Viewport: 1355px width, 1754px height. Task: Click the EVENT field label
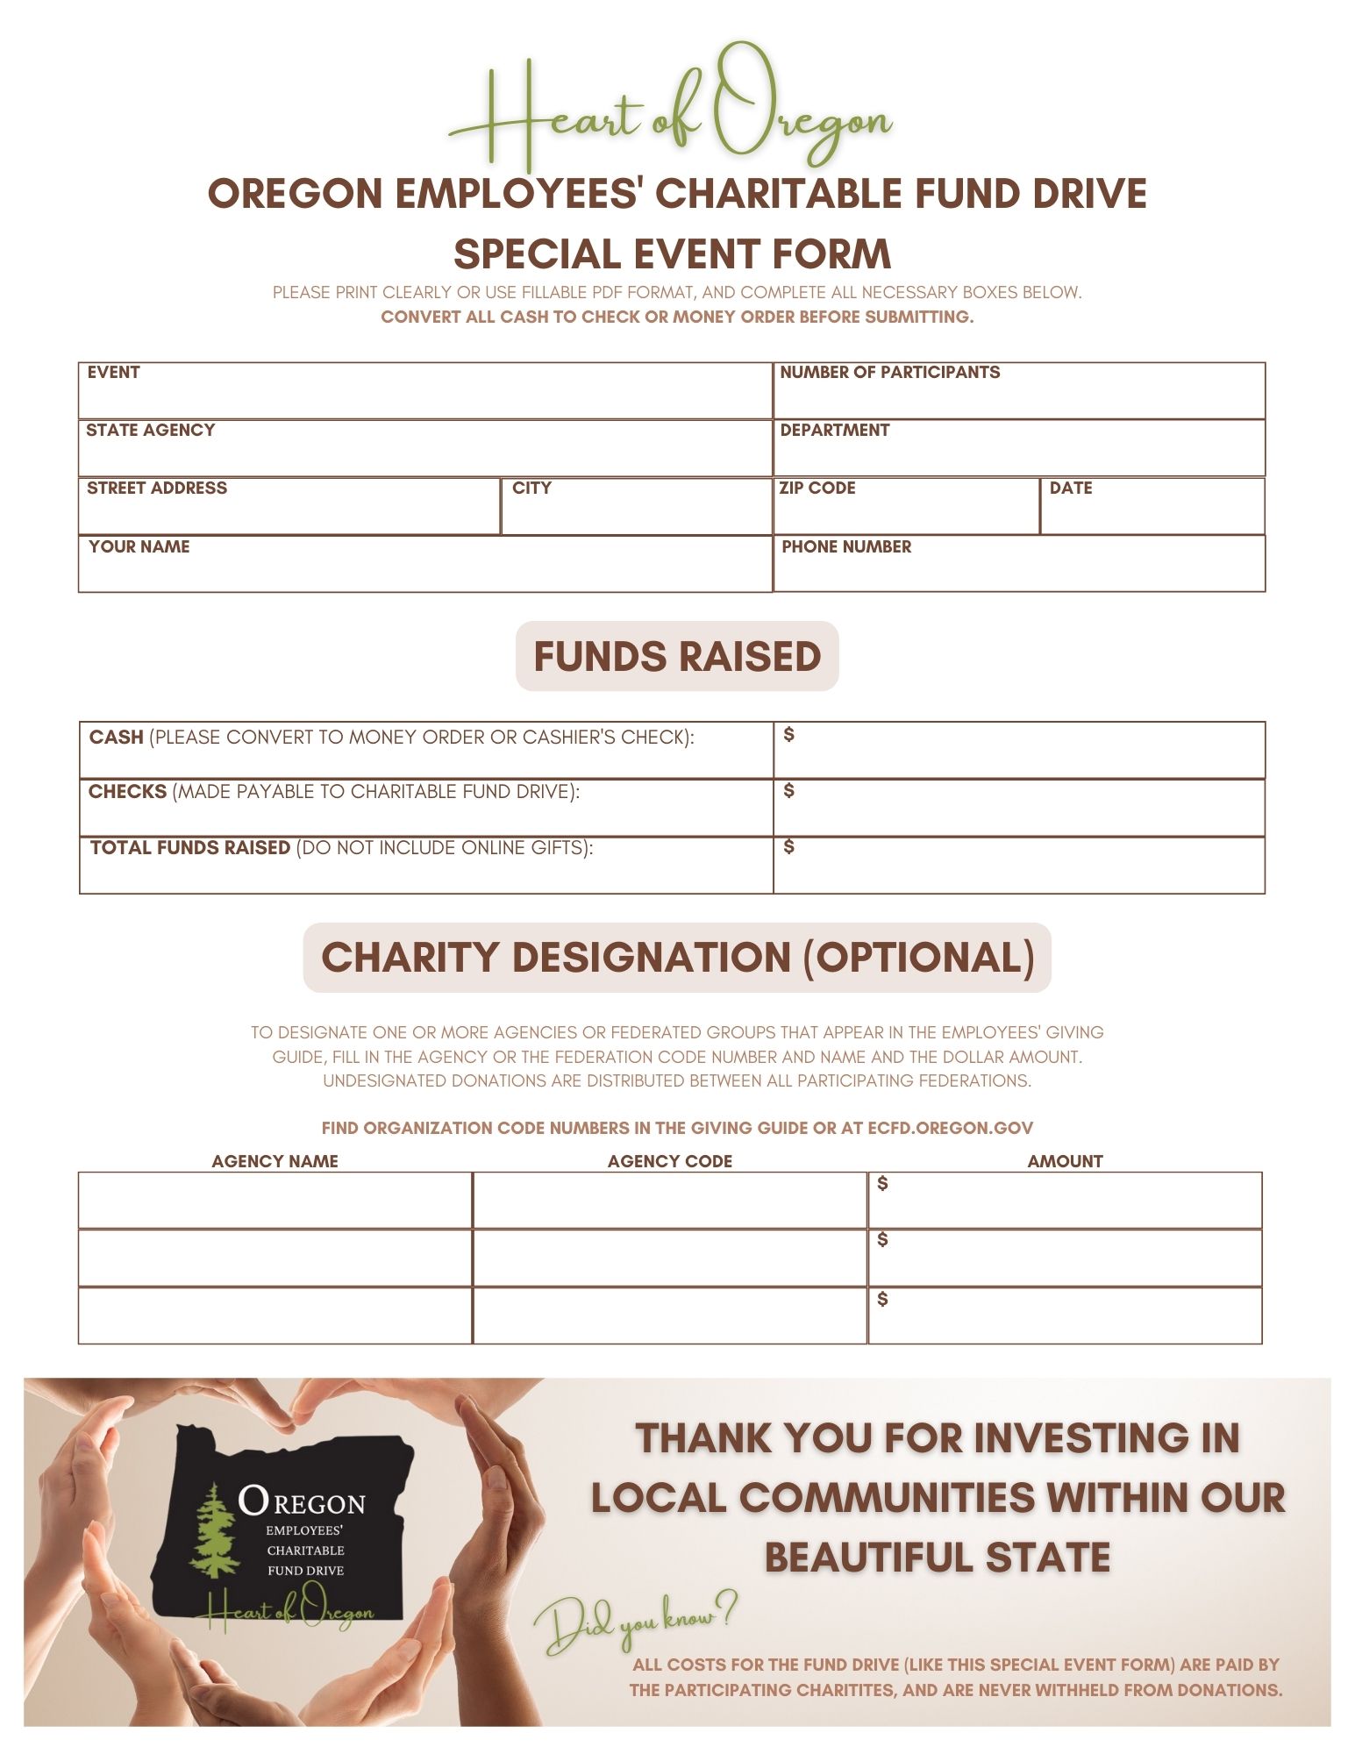113,372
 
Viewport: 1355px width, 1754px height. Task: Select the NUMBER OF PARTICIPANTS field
1018,391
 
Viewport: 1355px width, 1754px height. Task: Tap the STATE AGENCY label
150,430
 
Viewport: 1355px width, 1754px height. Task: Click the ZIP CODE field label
817,488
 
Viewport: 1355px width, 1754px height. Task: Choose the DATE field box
1152,506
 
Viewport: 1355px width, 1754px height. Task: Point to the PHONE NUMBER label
845,546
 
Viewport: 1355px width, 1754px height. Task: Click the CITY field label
531,488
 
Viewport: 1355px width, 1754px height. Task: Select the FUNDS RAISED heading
676,656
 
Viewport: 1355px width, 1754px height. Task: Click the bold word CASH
116,737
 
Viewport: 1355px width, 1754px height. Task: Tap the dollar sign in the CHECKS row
788,790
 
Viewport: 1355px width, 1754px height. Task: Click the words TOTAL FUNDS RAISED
189,847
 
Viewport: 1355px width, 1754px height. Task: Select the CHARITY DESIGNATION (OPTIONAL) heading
676,957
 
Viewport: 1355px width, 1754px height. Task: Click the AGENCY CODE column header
669,1161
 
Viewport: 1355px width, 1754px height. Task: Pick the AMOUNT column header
1065,1161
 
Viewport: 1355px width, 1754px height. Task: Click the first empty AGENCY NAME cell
275,1200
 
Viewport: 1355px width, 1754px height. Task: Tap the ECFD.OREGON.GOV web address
950,1128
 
